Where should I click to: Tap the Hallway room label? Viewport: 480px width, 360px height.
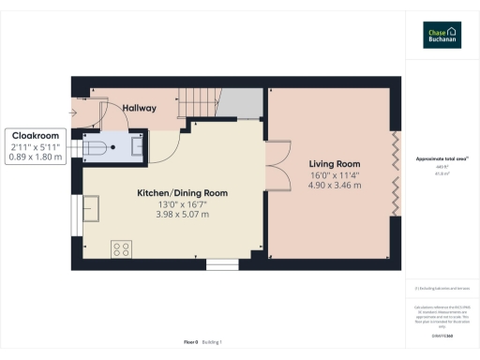pos(139,108)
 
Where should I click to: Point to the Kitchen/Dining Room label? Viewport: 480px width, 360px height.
pos(182,193)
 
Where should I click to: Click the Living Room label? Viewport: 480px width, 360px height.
pos(335,163)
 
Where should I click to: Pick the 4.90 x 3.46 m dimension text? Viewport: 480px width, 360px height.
pos(335,186)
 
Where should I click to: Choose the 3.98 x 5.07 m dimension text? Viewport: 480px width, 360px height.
pos(182,216)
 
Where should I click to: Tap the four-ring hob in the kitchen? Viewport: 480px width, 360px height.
pos(121,248)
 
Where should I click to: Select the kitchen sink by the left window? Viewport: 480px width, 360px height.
pos(92,207)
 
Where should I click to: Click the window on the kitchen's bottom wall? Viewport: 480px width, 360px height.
pos(222,262)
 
